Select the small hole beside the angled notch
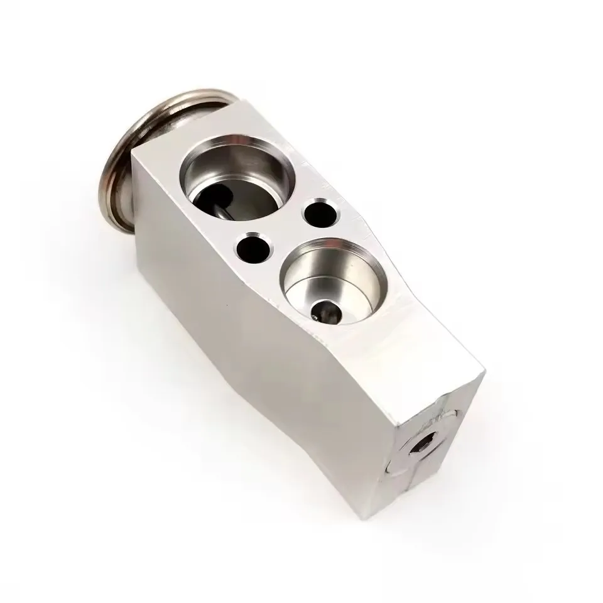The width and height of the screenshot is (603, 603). pyautogui.click(x=318, y=212)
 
